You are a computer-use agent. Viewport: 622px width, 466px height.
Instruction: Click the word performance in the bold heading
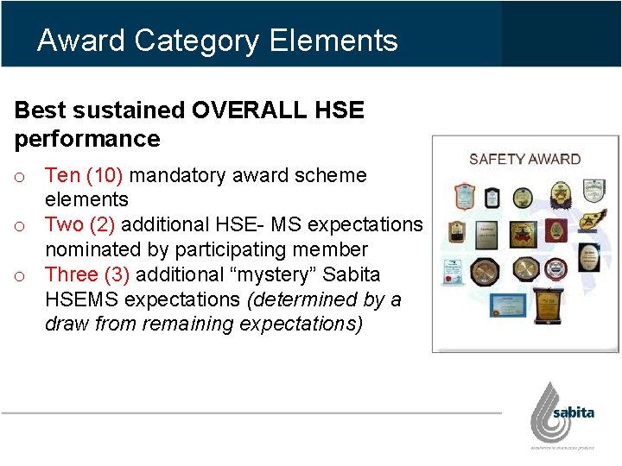(x=87, y=139)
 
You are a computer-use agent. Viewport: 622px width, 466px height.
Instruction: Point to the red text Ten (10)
(x=85, y=176)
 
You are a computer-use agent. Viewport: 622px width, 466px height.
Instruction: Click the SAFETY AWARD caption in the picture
(x=524, y=159)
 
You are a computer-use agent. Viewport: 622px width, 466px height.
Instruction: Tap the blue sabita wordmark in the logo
(x=573, y=412)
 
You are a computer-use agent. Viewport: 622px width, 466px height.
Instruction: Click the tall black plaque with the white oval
(x=589, y=256)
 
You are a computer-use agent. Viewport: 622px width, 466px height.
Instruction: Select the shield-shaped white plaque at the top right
(x=591, y=191)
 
